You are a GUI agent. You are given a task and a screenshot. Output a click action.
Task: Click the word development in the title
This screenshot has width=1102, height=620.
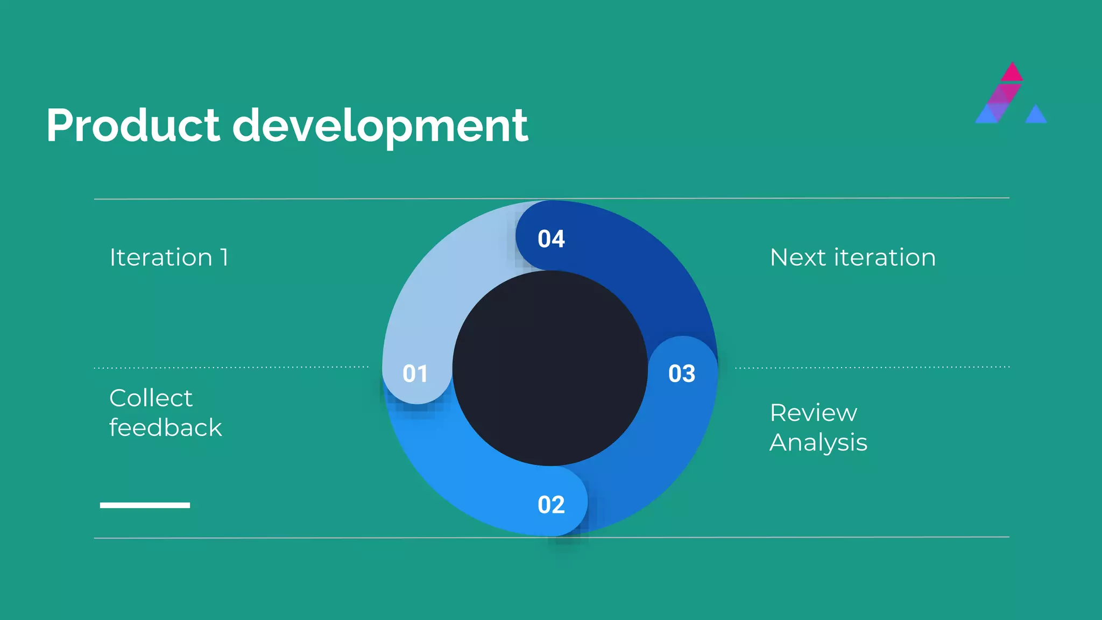coord(380,126)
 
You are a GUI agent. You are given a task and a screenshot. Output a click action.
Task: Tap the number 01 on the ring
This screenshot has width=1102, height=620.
coord(415,374)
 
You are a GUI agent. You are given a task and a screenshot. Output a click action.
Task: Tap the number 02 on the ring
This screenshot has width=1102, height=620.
coord(551,505)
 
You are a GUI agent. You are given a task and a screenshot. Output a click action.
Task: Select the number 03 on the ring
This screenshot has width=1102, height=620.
coord(682,374)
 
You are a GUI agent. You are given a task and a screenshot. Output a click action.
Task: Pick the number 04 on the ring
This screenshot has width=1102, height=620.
coord(551,239)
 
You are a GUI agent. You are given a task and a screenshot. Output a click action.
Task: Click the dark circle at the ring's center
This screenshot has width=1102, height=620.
coord(550,368)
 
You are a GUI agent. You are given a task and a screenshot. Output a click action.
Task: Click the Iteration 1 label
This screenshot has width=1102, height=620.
coord(169,257)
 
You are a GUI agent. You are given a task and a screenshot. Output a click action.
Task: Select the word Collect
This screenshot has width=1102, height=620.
coord(151,398)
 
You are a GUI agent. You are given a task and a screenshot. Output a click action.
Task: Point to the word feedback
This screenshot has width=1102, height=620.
coord(165,428)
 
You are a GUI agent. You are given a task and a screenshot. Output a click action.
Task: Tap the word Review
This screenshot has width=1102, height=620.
coord(813,413)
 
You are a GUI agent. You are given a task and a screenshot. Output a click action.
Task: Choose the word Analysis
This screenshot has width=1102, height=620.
coord(818,442)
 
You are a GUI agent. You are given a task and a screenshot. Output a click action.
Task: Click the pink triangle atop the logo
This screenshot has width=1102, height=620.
coord(1012,73)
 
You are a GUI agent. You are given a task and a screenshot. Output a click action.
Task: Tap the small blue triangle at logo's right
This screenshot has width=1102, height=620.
coord(1036,115)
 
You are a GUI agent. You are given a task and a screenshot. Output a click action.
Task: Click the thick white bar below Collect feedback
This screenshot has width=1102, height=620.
coord(145,505)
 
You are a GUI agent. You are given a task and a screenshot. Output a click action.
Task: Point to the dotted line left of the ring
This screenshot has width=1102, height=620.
coord(231,368)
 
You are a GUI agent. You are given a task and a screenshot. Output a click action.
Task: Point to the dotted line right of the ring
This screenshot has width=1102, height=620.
coord(872,368)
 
